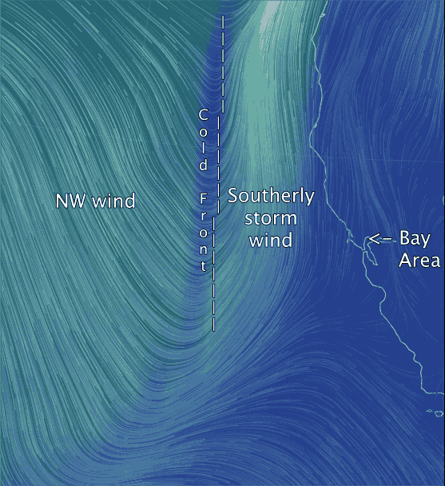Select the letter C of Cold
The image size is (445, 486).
(203, 114)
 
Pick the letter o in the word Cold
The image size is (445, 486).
(203, 132)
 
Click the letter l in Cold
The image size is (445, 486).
(203, 149)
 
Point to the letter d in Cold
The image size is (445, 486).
(203, 165)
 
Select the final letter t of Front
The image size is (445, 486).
(204, 265)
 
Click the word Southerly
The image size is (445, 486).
(271, 197)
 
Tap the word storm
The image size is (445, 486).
(271, 217)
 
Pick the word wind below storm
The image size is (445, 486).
(271, 239)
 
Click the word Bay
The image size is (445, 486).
(415, 238)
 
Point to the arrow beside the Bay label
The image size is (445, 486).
(379, 238)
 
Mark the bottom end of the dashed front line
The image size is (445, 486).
(213, 329)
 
